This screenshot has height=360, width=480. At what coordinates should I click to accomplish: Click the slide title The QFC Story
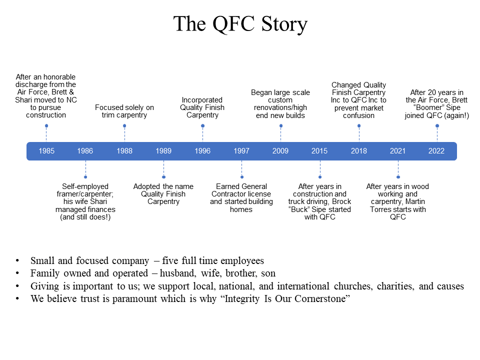(x=240, y=24)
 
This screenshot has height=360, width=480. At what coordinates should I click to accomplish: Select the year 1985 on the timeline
(x=46, y=151)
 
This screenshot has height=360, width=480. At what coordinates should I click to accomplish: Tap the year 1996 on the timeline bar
(x=202, y=151)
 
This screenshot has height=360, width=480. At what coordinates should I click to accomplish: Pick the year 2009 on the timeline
(x=280, y=151)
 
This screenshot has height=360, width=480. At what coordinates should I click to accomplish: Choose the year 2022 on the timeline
(x=436, y=151)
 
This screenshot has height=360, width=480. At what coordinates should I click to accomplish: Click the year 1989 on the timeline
(x=163, y=151)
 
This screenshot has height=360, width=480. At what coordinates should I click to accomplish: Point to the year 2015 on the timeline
(x=319, y=151)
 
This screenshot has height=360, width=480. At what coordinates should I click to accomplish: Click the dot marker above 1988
(x=124, y=126)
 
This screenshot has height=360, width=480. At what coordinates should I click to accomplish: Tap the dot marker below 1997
(x=242, y=177)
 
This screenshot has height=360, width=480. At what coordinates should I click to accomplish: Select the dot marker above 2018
(x=359, y=126)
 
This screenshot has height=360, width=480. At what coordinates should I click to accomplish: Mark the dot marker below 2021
(x=398, y=177)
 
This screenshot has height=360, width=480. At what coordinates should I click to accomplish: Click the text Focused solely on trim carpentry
(x=124, y=111)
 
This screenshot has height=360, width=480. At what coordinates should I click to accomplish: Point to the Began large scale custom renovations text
(x=280, y=100)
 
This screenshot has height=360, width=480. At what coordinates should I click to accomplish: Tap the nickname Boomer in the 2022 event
(x=428, y=108)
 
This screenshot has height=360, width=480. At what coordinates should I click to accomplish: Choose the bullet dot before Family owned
(x=17, y=273)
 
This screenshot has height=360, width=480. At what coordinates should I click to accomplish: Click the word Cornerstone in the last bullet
(x=322, y=298)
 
